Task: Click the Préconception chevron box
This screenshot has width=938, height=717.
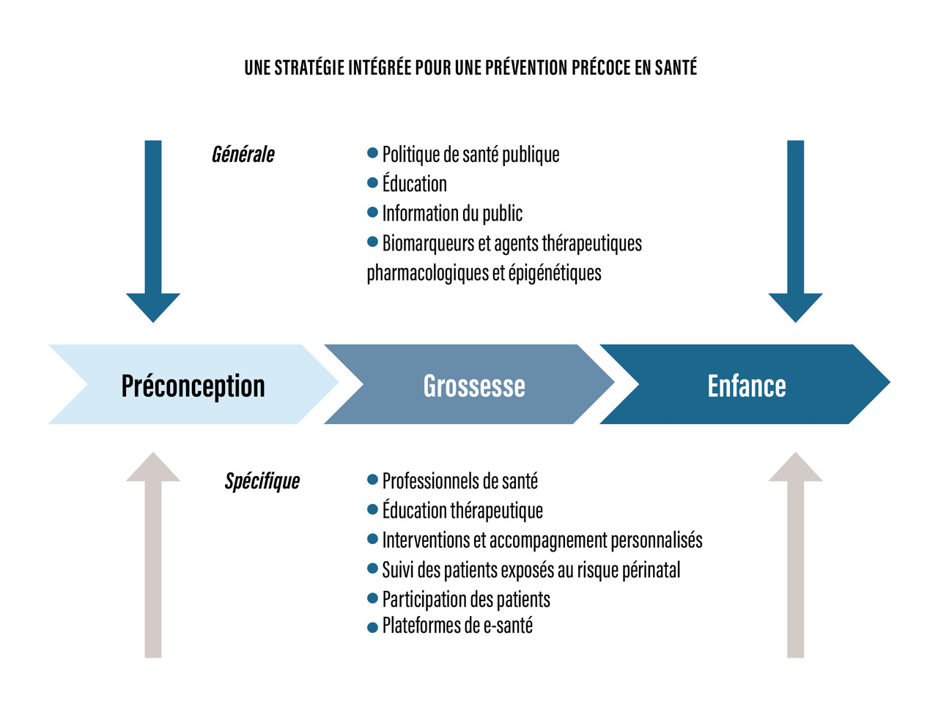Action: coord(193,385)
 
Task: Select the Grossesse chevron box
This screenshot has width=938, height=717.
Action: coord(473,385)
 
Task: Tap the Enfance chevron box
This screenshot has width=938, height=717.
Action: coord(746,385)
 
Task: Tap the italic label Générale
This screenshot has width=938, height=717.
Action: coord(243,155)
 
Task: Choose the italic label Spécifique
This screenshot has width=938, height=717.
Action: coord(262,481)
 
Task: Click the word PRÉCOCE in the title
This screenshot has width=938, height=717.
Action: coord(600,68)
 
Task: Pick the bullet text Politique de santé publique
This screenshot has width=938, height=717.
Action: coord(470,155)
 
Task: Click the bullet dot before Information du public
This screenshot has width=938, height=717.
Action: coord(372,212)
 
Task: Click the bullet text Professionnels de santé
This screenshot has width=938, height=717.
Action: coord(459,481)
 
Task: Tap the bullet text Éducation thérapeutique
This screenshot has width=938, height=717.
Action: coord(462,510)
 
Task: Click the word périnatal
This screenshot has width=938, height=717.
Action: coord(651,570)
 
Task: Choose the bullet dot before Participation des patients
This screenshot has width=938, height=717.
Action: coord(372,598)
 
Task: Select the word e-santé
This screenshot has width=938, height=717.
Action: coord(508,625)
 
